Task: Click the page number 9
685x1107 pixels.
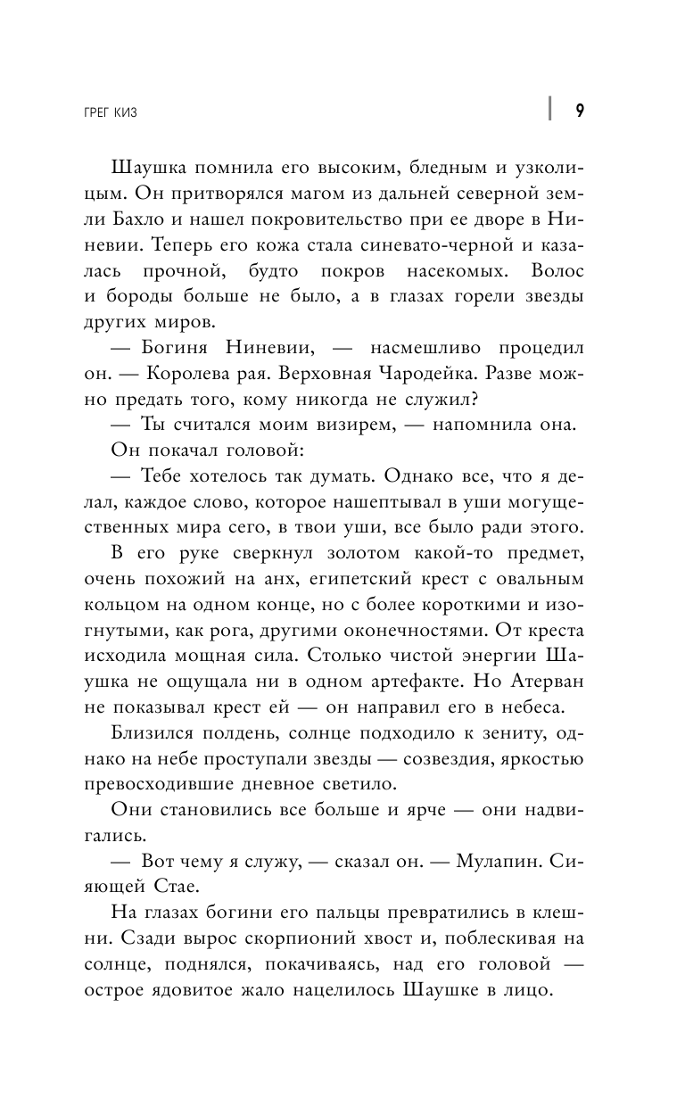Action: point(580,110)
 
